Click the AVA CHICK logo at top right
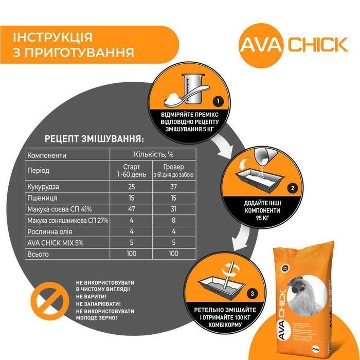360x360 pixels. pyautogui.click(x=294, y=44)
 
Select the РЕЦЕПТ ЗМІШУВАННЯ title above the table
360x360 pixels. pyautogui.click(x=94, y=139)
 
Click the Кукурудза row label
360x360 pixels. pyautogui.click(x=44, y=187)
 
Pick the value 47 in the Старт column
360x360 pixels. pyautogui.click(x=131, y=209)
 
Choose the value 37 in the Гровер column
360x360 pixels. pyautogui.click(x=173, y=187)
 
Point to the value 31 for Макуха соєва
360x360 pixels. pyautogui.click(x=173, y=209)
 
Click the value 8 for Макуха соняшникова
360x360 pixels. pyautogui.click(x=173, y=220)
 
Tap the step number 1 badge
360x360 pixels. pyautogui.click(x=218, y=101)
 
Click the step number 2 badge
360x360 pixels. pyautogui.click(x=292, y=188)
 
